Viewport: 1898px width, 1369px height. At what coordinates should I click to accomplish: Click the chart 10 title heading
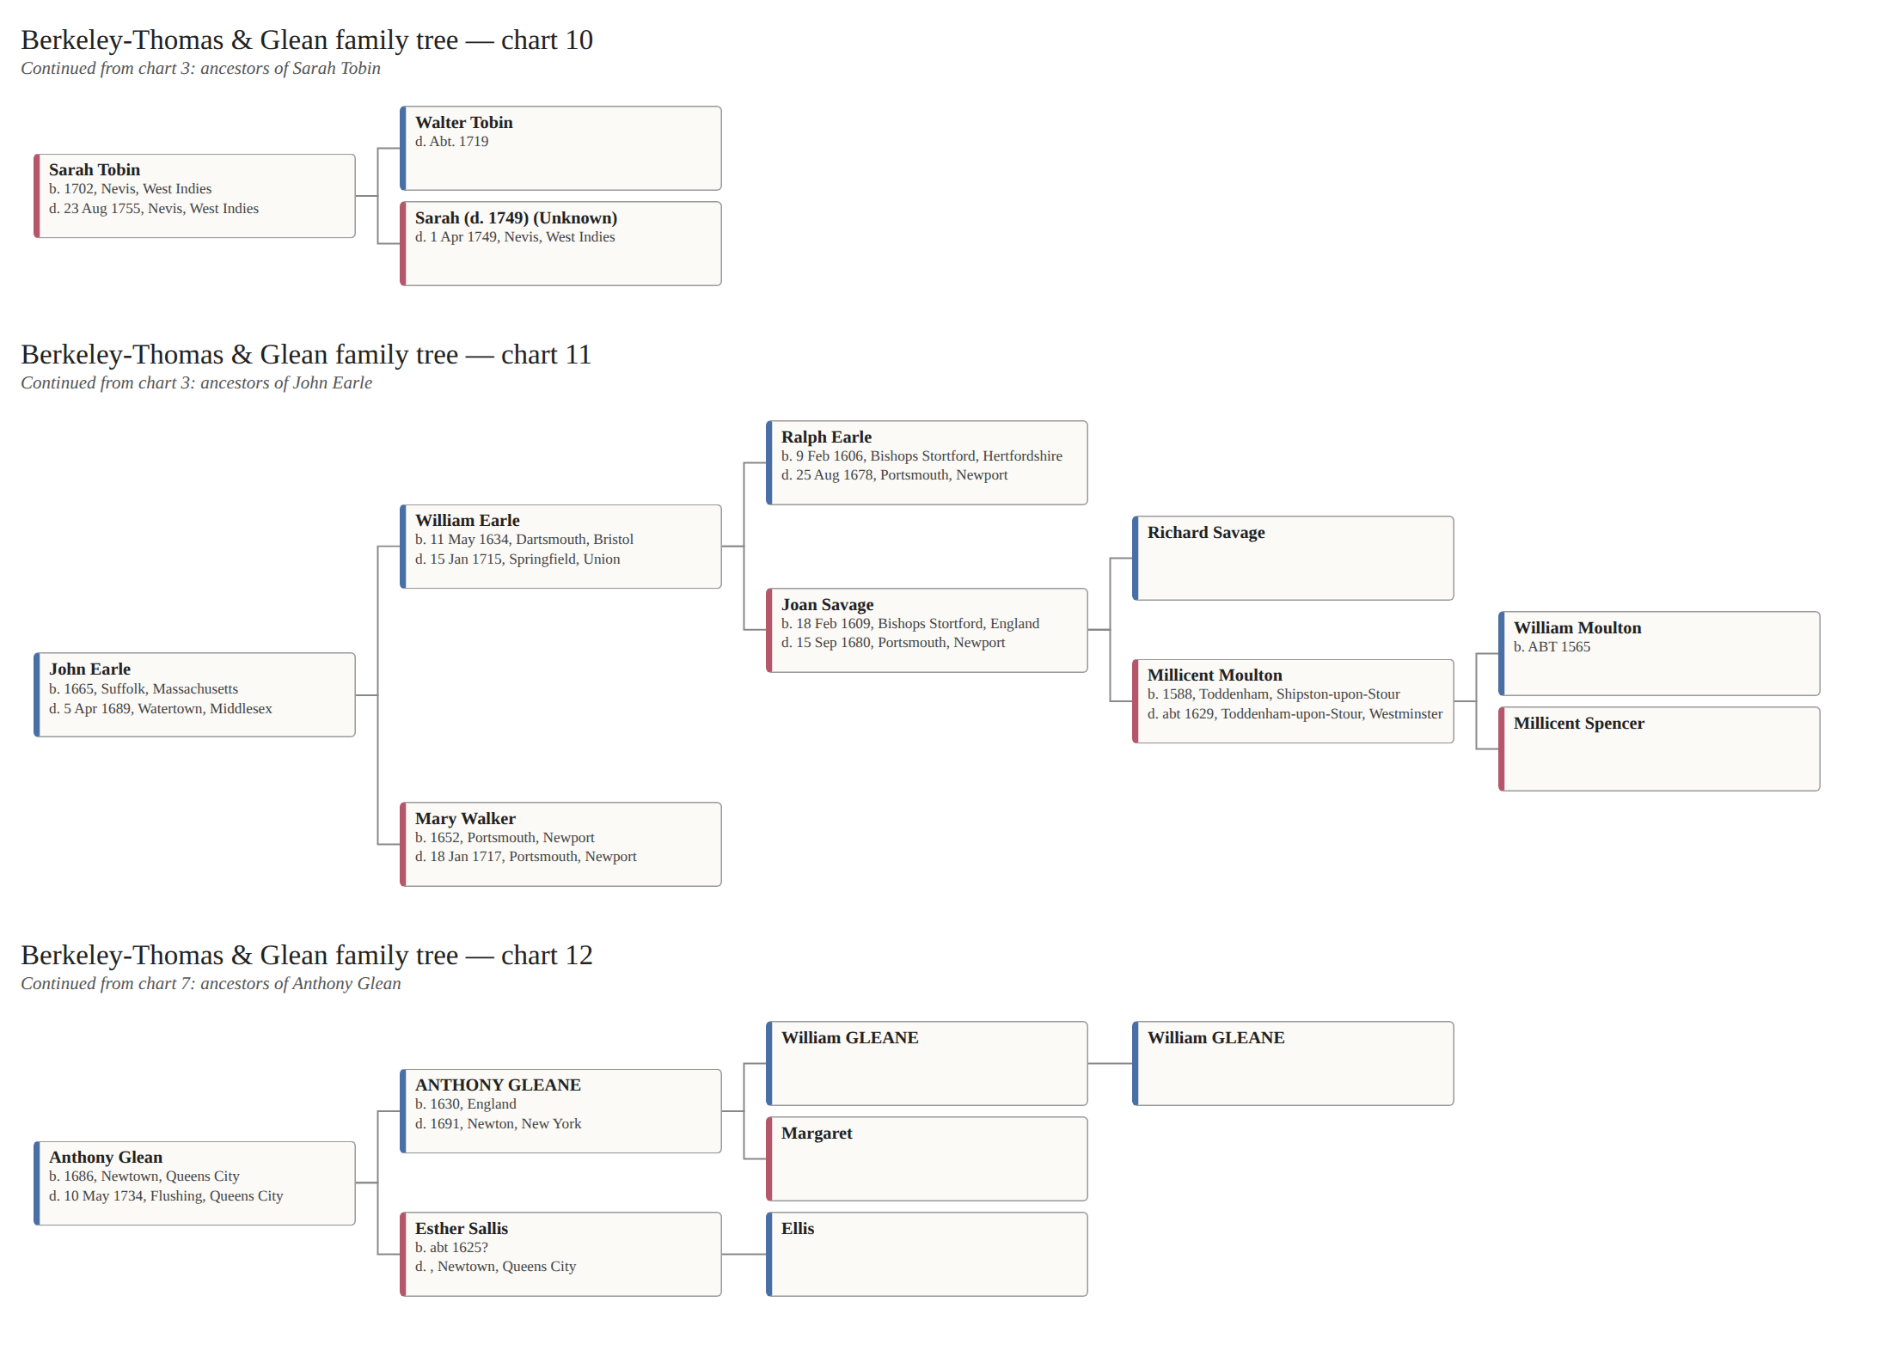307,40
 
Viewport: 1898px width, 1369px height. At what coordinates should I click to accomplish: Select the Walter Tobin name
464,123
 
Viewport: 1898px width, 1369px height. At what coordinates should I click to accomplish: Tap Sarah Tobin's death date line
154,209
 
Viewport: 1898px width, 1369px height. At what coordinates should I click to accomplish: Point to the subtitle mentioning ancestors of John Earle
197,383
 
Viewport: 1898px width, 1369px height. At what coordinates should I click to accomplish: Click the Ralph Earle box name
826,437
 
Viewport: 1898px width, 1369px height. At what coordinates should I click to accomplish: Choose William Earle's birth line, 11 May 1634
524,540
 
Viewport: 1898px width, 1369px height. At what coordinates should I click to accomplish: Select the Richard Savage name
1206,533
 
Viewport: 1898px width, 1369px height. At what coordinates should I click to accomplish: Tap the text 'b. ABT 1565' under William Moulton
1552,647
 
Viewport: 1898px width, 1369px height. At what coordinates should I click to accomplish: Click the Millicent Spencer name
1579,724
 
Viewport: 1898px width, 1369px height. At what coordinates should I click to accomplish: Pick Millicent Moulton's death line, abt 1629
1295,714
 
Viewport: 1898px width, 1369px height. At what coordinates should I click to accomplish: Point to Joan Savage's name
827,605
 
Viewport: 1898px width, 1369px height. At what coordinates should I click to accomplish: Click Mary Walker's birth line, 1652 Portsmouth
505,838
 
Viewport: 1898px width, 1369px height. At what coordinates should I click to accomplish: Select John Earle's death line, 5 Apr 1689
161,709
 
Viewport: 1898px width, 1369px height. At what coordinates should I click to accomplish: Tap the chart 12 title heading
307,956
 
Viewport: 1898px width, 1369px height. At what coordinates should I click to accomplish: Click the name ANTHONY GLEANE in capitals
498,1085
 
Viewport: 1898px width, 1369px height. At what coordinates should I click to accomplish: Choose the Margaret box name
817,1134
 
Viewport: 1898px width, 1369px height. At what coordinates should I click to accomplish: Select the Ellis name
798,1229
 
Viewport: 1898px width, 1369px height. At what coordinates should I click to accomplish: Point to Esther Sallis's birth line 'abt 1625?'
451,1248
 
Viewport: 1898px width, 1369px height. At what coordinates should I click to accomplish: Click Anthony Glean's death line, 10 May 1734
166,1196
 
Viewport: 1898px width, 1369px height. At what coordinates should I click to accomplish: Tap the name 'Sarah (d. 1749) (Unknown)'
516,218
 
